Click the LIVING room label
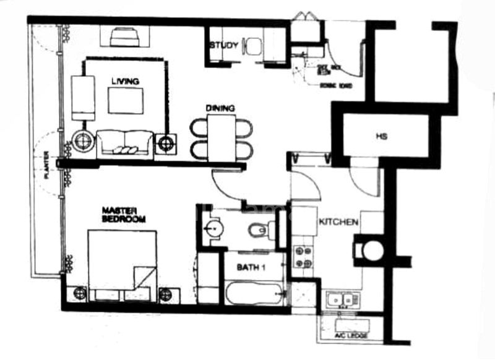point(125,81)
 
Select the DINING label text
point(221,108)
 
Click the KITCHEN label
point(336,221)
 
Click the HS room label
point(381,136)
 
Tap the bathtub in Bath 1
point(254,293)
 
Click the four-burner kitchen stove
point(303,257)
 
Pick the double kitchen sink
point(341,301)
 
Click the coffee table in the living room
point(126,100)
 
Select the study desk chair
point(253,47)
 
